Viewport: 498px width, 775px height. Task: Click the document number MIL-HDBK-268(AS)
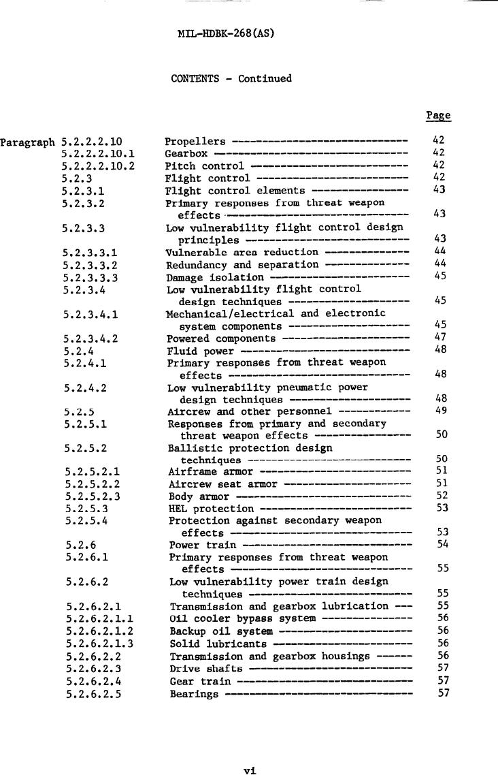click(225, 33)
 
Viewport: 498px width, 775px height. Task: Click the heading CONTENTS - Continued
click(231, 78)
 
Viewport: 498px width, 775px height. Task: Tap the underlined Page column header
click(438, 116)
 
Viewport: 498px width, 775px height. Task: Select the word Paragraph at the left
click(27, 142)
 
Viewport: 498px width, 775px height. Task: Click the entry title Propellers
click(195, 142)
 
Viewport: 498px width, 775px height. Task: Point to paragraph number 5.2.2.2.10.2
click(98, 166)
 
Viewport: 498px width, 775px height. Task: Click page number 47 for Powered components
click(439, 337)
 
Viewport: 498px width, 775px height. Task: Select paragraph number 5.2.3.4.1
click(90, 315)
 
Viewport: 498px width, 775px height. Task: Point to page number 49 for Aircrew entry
click(439, 411)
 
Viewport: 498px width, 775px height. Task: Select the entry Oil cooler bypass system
click(242, 618)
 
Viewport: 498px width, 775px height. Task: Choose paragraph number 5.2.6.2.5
click(94, 693)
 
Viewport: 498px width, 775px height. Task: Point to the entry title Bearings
click(194, 694)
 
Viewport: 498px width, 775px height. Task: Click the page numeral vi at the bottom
click(249, 770)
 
